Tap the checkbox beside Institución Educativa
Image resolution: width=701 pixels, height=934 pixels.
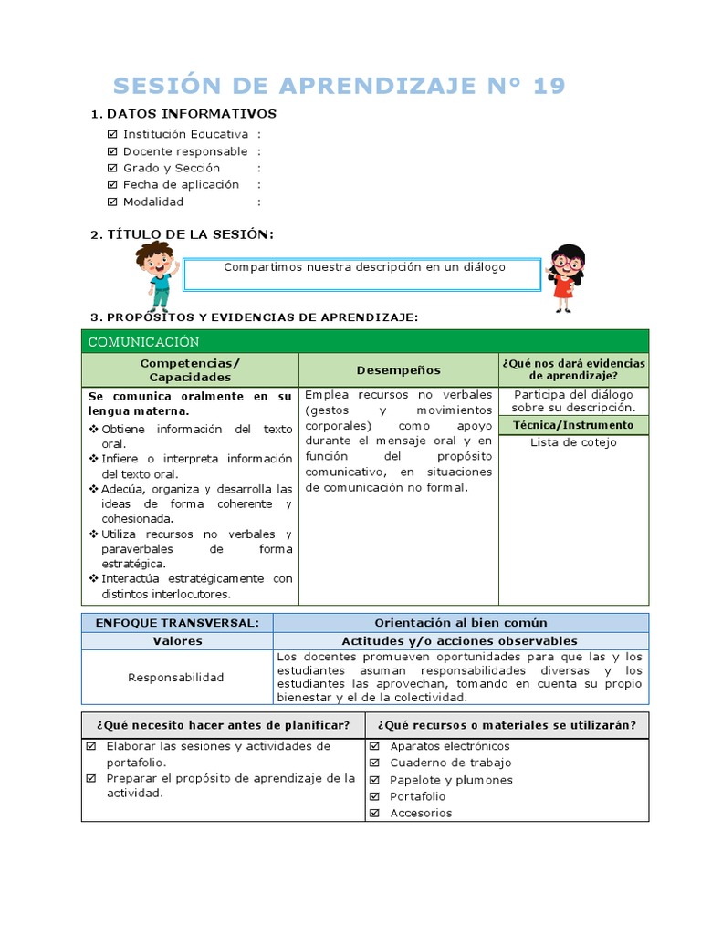112,135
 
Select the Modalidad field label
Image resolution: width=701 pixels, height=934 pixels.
153,202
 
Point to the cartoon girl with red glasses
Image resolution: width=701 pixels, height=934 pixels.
566,276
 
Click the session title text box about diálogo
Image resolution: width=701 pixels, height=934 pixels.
364,273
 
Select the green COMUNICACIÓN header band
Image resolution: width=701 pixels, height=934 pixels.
364,342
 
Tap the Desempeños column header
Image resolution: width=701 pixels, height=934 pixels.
398,370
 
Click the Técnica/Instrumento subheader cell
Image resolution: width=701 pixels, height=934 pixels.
573,425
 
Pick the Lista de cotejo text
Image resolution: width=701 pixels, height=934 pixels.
573,442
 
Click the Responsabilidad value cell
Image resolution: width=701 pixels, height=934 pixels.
176,678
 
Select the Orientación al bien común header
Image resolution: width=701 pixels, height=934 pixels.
460,623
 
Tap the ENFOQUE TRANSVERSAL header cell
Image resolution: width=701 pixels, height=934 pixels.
176,623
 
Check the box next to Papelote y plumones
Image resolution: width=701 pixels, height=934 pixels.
374,780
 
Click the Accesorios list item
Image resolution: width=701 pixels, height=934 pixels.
421,813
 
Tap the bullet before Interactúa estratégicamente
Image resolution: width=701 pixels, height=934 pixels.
93,579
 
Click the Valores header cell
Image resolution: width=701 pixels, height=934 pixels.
176,641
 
